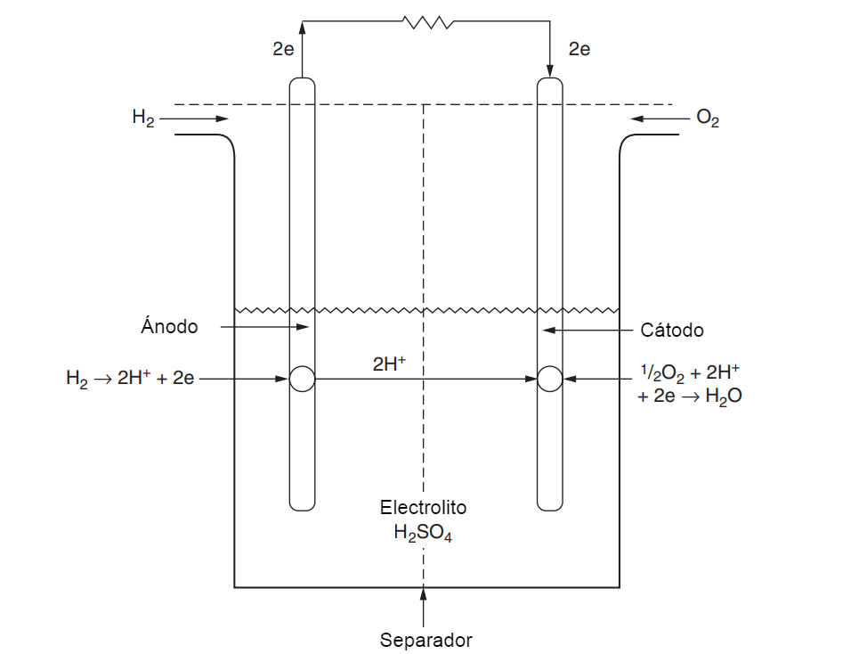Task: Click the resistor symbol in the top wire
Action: (427, 21)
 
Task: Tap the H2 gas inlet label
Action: (143, 118)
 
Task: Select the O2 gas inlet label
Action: (708, 118)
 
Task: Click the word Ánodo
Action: (169, 326)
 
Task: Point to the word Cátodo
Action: (672, 331)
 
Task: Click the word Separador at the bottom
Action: (425, 640)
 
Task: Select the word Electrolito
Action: (423, 508)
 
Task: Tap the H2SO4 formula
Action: (423, 534)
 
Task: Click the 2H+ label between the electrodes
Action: (390, 364)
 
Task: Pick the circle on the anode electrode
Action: (302, 380)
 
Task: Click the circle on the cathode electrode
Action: (550, 380)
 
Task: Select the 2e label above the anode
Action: (283, 50)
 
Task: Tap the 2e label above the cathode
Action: (579, 50)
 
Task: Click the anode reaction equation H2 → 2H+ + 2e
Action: (130, 379)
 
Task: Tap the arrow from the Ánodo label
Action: (264, 328)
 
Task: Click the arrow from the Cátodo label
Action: (588, 330)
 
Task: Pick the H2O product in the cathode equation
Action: (723, 397)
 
